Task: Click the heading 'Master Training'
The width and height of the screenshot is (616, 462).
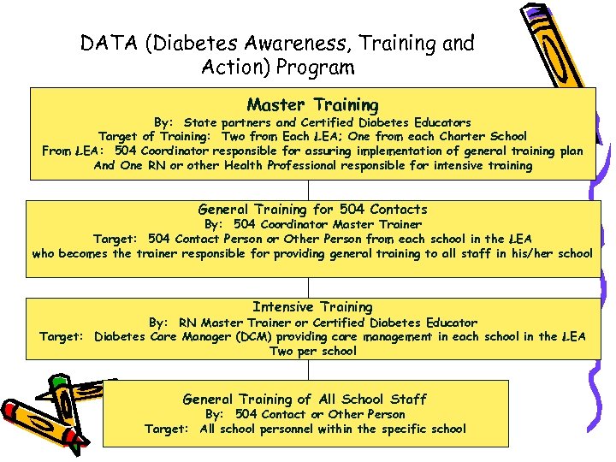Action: point(312,105)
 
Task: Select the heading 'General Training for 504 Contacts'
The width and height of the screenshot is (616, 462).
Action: point(312,209)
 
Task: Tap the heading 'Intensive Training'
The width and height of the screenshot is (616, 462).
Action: point(312,306)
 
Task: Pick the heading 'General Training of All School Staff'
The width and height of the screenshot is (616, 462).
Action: point(305,399)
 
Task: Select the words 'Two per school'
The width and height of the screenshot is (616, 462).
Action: point(312,351)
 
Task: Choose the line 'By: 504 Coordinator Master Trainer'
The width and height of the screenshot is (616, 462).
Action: point(312,224)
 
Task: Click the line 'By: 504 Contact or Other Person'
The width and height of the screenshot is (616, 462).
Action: point(305,414)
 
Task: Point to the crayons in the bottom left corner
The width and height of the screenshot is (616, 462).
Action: point(51,411)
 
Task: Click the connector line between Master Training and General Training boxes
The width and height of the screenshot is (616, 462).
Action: point(312,189)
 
